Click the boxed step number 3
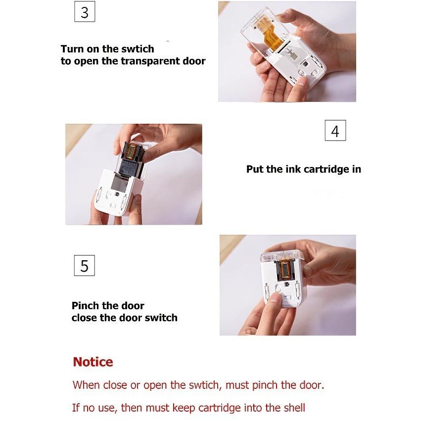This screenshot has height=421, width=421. pos(85,11)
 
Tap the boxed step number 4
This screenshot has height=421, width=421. pos(335,131)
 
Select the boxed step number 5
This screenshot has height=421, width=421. pos(84,266)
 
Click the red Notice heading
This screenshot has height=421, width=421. pos(93,362)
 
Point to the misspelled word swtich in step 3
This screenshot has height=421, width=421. pos(138,49)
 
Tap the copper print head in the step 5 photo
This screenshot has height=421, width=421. pos(285,269)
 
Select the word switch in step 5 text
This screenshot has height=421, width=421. pos(161,318)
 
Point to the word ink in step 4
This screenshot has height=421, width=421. pos(293,169)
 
